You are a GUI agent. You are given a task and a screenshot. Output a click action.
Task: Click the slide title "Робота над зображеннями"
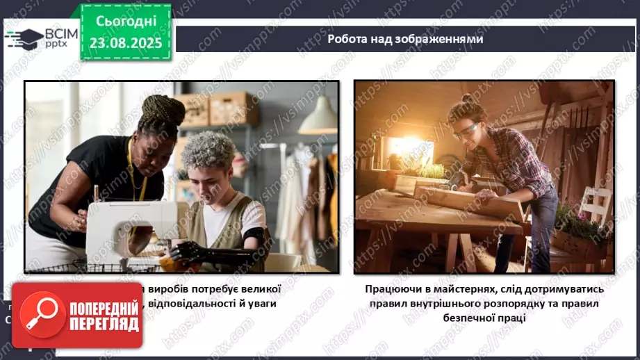click(405, 39)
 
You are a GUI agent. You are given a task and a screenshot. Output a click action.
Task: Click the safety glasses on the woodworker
click(464, 130)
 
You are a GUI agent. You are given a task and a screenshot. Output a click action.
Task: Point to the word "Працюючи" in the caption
click(394, 288)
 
